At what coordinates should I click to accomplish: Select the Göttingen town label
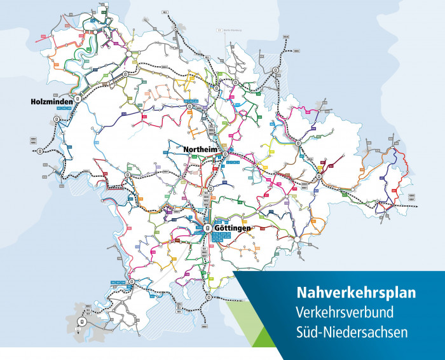click(233, 228)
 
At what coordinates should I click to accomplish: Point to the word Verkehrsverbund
click(345, 312)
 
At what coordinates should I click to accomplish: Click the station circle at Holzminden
click(78, 99)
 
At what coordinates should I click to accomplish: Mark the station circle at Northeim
click(225, 153)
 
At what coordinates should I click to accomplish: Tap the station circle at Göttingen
click(207, 226)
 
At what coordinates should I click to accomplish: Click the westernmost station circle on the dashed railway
click(40, 151)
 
